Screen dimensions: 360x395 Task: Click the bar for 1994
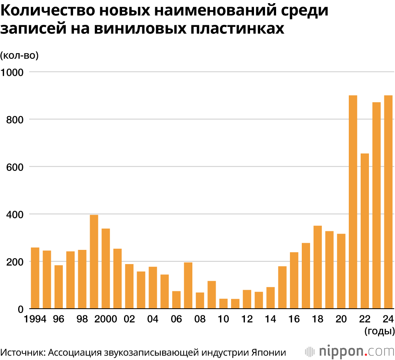tap(35, 278)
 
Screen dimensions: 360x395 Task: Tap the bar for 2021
tap(353, 202)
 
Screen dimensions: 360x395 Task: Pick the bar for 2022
tap(365, 231)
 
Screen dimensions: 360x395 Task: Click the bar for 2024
tap(388, 202)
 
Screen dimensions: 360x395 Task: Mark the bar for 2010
tap(224, 304)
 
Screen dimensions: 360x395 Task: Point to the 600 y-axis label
tap(15, 167)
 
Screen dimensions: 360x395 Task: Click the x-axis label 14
tap(271, 319)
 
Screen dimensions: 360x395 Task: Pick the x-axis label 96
tap(58, 319)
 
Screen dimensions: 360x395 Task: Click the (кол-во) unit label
tap(19, 56)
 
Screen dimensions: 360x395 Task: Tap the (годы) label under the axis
tap(380, 331)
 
